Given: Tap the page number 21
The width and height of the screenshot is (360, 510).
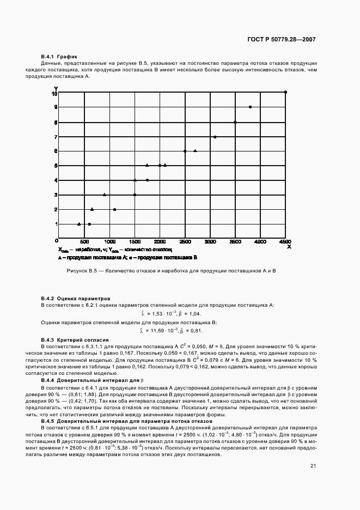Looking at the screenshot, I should [x=313, y=465].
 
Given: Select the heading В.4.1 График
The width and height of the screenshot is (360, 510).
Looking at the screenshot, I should [x=59, y=57].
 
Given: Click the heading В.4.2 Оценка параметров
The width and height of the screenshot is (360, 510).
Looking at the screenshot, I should [x=75, y=299].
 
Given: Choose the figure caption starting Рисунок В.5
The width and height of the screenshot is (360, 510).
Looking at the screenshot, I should [x=172, y=271].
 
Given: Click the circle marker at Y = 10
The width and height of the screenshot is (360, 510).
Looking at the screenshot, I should [x=285, y=92].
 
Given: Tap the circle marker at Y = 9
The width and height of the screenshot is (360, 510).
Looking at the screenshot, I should [x=250, y=107].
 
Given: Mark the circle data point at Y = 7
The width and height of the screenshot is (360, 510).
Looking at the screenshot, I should [x=215, y=137].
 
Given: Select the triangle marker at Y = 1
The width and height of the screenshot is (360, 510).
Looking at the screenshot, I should [x=80, y=224].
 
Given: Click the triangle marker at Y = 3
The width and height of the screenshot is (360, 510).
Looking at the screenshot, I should [x=105, y=195].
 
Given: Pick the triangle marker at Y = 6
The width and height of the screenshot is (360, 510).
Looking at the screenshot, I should [x=195, y=151].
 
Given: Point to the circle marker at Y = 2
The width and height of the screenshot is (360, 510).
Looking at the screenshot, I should [x=114, y=209].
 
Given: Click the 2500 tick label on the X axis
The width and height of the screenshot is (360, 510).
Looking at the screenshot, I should [x=185, y=241].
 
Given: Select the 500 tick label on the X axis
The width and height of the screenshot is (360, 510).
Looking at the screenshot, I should [x=84, y=241].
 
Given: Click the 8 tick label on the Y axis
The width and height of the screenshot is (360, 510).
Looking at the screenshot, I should [x=56, y=123].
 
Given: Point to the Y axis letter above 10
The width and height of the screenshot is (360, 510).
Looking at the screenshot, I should [x=56, y=88].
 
